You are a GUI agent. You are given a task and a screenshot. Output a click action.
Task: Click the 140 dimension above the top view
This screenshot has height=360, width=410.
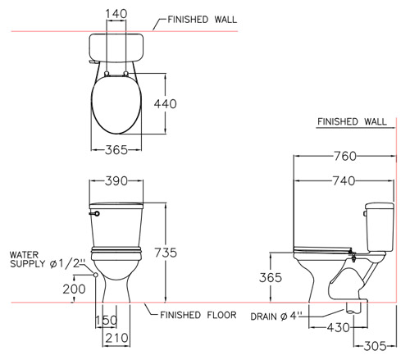pyautogui.click(x=116, y=14)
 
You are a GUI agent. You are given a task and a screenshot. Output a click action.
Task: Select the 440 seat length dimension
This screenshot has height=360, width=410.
pyautogui.click(x=166, y=104)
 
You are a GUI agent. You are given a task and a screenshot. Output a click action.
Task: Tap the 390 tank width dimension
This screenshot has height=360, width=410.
pyautogui.click(x=116, y=181)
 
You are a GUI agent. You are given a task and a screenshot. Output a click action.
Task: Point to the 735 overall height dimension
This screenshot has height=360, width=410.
pyautogui.click(x=166, y=253)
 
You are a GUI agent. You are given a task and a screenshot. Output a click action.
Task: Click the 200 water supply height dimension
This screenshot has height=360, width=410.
pyautogui.click(x=74, y=289)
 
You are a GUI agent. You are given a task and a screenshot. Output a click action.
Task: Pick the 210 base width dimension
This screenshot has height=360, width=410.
pyautogui.click(x=116, y=338)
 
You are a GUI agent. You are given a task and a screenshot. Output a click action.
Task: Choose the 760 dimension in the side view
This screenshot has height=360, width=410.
pyautogui.click(x=345, y=156)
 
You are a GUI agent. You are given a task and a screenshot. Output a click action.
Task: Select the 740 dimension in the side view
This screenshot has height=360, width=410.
pyautogui.click(x=344, y=180)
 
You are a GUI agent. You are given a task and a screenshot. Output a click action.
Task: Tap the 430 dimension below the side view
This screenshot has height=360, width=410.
pyautogui.click(x=339, y=327)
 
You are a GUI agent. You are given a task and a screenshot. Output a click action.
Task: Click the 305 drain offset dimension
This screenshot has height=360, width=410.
pyautogui.click(x=376, y=346)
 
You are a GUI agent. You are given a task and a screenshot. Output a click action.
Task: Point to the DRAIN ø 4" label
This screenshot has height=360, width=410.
pyautogui.click(x=275, y=317)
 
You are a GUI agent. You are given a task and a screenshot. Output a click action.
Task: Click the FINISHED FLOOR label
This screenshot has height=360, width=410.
pyautogui.click(x=198, y=315)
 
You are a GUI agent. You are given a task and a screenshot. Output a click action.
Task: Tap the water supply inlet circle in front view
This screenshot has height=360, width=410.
pyautogui.click(x=96, y=275)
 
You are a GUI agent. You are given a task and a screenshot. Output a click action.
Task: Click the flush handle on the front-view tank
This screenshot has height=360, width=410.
pyautogui.click(x=94, y=213)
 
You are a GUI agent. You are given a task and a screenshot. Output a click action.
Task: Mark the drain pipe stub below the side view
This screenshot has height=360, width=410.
pyautogui.click(x=353, y=308)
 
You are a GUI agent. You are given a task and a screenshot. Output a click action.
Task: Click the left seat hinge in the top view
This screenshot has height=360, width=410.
pyautogui.click(x=107, y=73)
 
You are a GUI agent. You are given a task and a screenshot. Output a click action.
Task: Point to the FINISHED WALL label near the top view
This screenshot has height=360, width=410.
pyautogui.click(x=203, y=20)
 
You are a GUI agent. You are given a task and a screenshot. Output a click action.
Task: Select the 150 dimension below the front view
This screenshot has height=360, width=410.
pyautogui.click(x=107, y=320)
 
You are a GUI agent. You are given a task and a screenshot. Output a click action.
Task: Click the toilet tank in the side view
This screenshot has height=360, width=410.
pyautogui.click(x=380, y=227)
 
